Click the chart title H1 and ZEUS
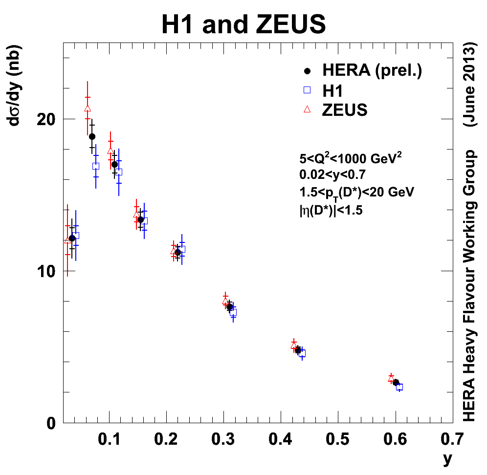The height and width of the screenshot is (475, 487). click(x=243, y=24)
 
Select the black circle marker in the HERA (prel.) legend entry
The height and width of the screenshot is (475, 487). click(x=308, y=71)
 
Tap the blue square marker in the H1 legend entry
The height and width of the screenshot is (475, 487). click(x=308, y=90)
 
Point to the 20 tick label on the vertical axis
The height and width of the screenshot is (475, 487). click(x=47, y=119)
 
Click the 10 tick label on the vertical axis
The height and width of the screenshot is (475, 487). click(x=47, y=271)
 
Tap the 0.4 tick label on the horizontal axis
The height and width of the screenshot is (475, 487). click(x=281, y=438)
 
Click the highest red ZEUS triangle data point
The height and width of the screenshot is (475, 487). click(x=88, y=108)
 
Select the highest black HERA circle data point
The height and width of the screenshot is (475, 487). click(x=92, y=136)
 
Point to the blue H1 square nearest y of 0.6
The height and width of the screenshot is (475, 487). click(x=399, y=387)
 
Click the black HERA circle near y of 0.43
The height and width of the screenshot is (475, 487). click(x=298, y=350)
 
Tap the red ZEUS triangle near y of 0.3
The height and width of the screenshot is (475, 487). click(x=225, y=302)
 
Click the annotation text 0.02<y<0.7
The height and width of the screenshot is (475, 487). click(x=332, y=174)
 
